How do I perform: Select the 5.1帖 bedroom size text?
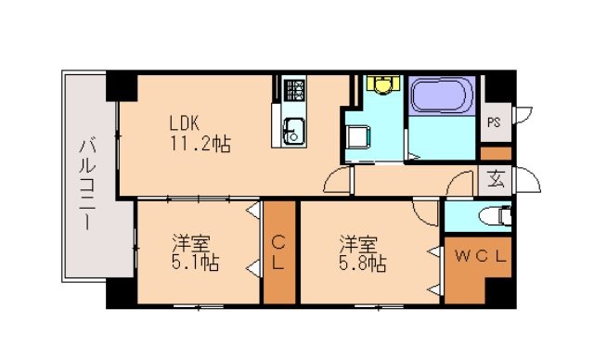pyautogui.click(x=194, y=264)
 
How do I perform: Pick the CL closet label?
pyautogui.click(x=278, y=253)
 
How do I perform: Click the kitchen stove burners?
pyautogui.click(x=295, y=91)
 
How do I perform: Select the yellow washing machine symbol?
pyautogui.click(x=381, y=83)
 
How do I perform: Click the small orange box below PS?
pyautogui.click(x=496, y=151)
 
